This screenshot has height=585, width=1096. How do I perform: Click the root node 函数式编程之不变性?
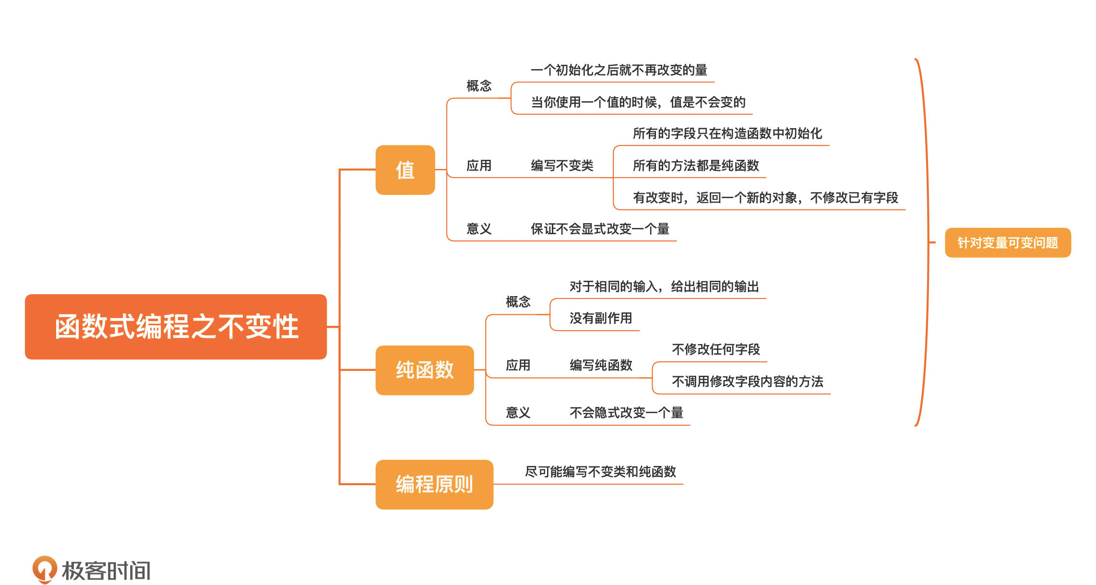[176, 326]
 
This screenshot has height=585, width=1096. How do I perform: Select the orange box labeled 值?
[405, 170]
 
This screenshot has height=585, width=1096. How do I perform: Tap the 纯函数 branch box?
[425, 370]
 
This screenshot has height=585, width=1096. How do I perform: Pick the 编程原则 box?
[434, 484]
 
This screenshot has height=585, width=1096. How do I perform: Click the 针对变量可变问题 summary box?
[1008, 243]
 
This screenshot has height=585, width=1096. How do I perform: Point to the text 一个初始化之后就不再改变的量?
[619, 70]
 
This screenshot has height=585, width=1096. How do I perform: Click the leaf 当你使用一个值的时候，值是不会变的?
[638, 102]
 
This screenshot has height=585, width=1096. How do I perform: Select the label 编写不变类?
[562, 166]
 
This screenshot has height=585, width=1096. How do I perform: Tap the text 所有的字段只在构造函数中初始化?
[727, 133]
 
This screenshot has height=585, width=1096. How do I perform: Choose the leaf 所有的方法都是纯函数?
[695, 166]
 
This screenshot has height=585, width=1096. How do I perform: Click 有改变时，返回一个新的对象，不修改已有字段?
[765, 198]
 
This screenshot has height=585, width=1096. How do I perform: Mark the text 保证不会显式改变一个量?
[600, 229]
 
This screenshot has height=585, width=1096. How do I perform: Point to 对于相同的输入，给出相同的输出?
[664, 287]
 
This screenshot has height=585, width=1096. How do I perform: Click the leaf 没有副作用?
[600, 318]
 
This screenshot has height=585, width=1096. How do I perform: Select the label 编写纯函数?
[601, 365]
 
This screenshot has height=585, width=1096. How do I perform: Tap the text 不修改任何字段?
[715, 349]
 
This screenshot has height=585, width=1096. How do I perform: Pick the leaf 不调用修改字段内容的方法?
[747, 382]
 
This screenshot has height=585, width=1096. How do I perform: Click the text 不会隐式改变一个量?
[626, 413]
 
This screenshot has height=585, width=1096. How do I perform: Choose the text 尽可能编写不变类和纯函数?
[600, 472]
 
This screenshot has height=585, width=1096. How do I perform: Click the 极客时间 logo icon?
[44, 569]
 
